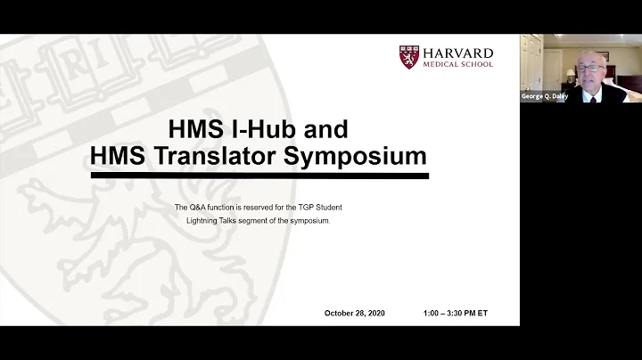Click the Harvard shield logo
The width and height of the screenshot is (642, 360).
pyautogui.click(x=411, y=55)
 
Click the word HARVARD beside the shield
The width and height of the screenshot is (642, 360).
pyautogui.click(x=458, y=51)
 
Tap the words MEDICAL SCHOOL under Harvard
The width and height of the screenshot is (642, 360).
pyautogui.click(x=458, y=63)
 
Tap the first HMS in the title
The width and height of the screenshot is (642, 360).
pyautogui.click(x=175, y=127)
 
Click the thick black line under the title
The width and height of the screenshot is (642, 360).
pyautogui.click(x=259, y=176)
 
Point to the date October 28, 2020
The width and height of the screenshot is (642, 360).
pyautogui.click(x=354, y=313)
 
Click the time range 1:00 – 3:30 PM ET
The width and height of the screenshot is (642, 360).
pyautogui.click(x=456, y=313)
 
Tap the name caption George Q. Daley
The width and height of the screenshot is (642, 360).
pyautogui.click(x=545, y=96)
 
